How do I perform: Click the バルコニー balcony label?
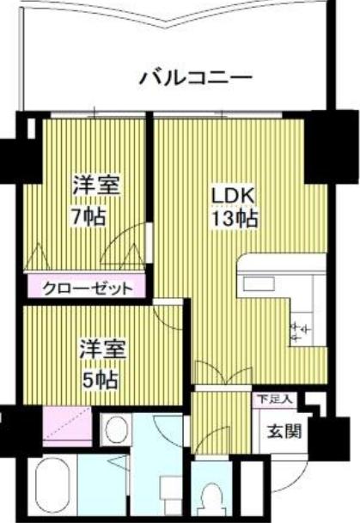(x=195, y=77)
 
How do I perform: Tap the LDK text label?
(x=234, y=197)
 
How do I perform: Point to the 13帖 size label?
(x=235, y=219)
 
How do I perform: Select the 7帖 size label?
(x=89, y=216)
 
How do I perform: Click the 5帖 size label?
(x=100, y=380)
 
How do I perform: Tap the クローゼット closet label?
(x=88, y=289)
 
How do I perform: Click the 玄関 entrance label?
(x=284, y=432)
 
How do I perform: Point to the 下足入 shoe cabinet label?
(x=276, y=398)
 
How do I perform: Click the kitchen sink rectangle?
(x=259, y=284)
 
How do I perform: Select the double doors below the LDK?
(x=223, y=373)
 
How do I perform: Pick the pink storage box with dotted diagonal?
(x=67, y=427)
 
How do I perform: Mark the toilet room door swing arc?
(x=210, y=436)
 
